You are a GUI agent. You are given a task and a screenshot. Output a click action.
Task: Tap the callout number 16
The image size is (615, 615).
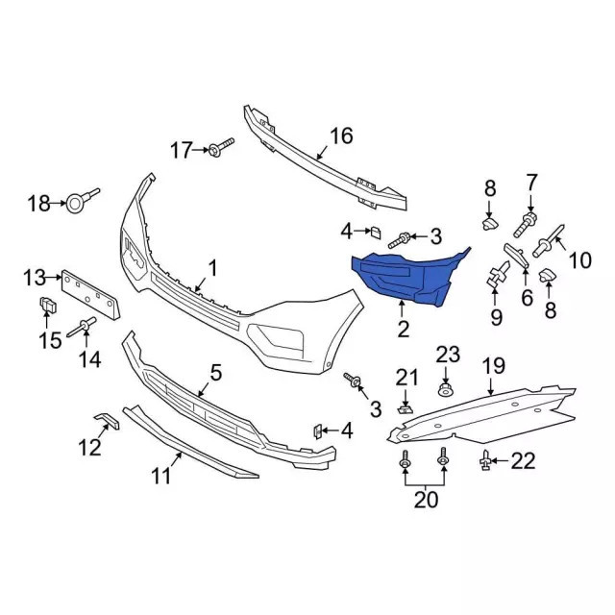341,135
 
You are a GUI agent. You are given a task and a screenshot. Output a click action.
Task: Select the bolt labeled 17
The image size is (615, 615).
224,148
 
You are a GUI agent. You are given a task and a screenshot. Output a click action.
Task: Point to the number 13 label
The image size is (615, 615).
35,279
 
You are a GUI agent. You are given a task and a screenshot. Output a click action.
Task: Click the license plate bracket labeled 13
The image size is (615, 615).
92,292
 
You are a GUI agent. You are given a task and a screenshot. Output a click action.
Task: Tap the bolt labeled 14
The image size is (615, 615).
83,328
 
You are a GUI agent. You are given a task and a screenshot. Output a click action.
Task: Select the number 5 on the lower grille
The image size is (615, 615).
216,371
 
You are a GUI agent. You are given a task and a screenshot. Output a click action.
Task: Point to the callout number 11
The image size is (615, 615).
160,475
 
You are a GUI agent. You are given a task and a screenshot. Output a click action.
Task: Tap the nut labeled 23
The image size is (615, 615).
446,390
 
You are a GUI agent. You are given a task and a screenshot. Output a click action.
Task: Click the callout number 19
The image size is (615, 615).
493,365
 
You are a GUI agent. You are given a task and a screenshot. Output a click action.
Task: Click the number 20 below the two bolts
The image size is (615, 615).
425,499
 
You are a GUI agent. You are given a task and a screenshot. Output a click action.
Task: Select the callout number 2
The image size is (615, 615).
404,329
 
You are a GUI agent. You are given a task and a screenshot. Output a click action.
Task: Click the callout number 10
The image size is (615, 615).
579,258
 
